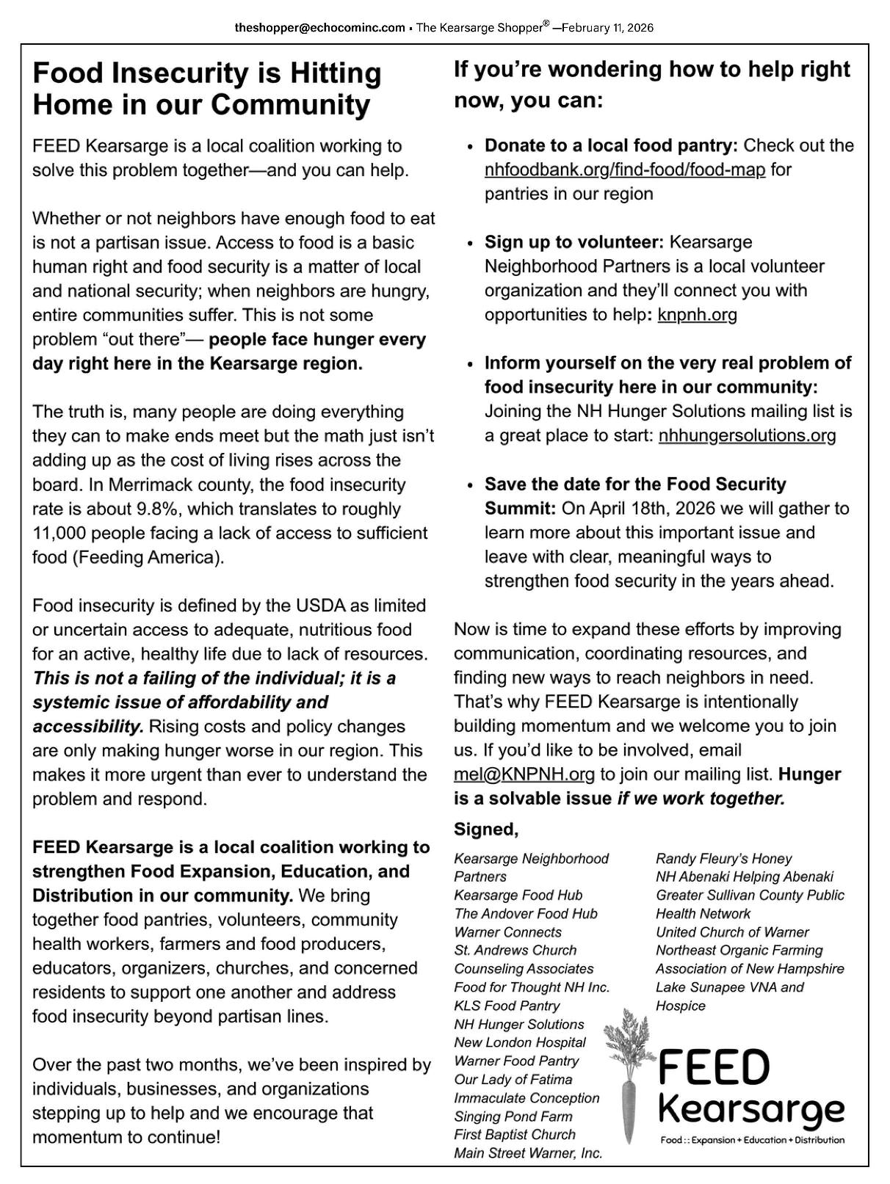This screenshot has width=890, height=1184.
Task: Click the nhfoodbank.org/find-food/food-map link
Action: tap(624, 170)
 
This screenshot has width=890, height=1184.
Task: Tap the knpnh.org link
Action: tap(697, 315)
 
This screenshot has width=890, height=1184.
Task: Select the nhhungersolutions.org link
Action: tap(747, 435)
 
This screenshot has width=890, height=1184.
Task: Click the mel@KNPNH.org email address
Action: tap(524, 774)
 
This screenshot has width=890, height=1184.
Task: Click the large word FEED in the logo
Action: tap(714, 1068)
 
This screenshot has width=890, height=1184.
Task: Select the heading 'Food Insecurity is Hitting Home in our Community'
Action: tap(207, 89)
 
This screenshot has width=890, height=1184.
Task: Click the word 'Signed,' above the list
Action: tap(486, 829)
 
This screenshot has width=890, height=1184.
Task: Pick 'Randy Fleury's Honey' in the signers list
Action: tap(723, 858)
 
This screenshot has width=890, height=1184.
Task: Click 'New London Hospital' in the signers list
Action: tap(519, 1042)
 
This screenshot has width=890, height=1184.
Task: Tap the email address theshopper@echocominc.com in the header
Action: tap(319, 28)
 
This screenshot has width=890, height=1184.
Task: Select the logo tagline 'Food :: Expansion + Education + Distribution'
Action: tap(752, 1140)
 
